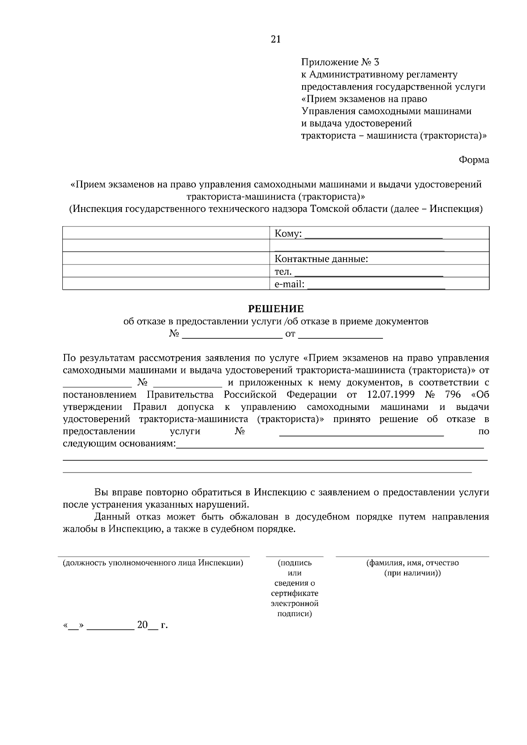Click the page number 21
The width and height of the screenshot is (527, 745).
point(275,39)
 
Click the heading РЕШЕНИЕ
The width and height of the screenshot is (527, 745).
point(276,309)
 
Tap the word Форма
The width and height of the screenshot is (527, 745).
point(474,160)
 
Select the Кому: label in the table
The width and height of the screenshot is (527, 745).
point(288,234)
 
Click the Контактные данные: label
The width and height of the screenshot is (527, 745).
point(321,259)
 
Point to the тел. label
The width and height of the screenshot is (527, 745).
point(283,272)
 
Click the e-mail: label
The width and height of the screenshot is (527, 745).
point(289,284)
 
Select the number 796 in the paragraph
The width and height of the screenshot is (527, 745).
point(452,394)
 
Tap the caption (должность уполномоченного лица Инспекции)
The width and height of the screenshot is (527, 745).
point(153,563)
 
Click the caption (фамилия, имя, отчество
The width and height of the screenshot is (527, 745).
point(412,563)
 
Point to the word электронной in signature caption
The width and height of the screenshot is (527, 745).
point(294,604)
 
